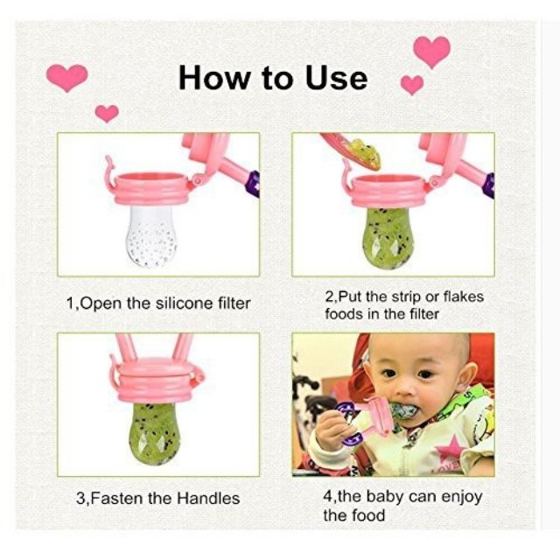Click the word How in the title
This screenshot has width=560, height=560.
(213, 78)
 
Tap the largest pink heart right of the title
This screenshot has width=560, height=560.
(431, 52)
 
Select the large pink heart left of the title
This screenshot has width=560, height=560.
(67, 78)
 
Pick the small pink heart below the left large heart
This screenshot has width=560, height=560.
(107, 114)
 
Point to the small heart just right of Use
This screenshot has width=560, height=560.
(412, 85)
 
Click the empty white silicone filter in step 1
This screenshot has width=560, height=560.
(151, 235)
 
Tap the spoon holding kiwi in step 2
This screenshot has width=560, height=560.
(352, 150)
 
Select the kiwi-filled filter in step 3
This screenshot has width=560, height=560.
(155, 433)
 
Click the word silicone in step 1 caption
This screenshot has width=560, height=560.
(184, 304)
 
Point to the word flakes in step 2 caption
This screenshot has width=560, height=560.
(463, 297)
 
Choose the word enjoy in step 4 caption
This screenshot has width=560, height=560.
(462, 498)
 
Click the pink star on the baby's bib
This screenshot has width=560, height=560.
(453, 446)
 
